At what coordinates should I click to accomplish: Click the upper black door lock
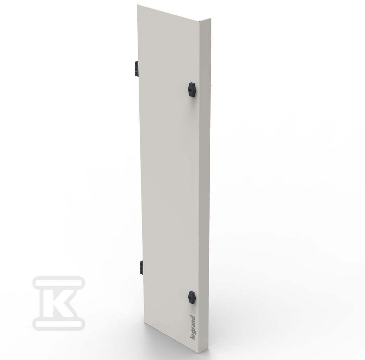pos(191,89)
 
